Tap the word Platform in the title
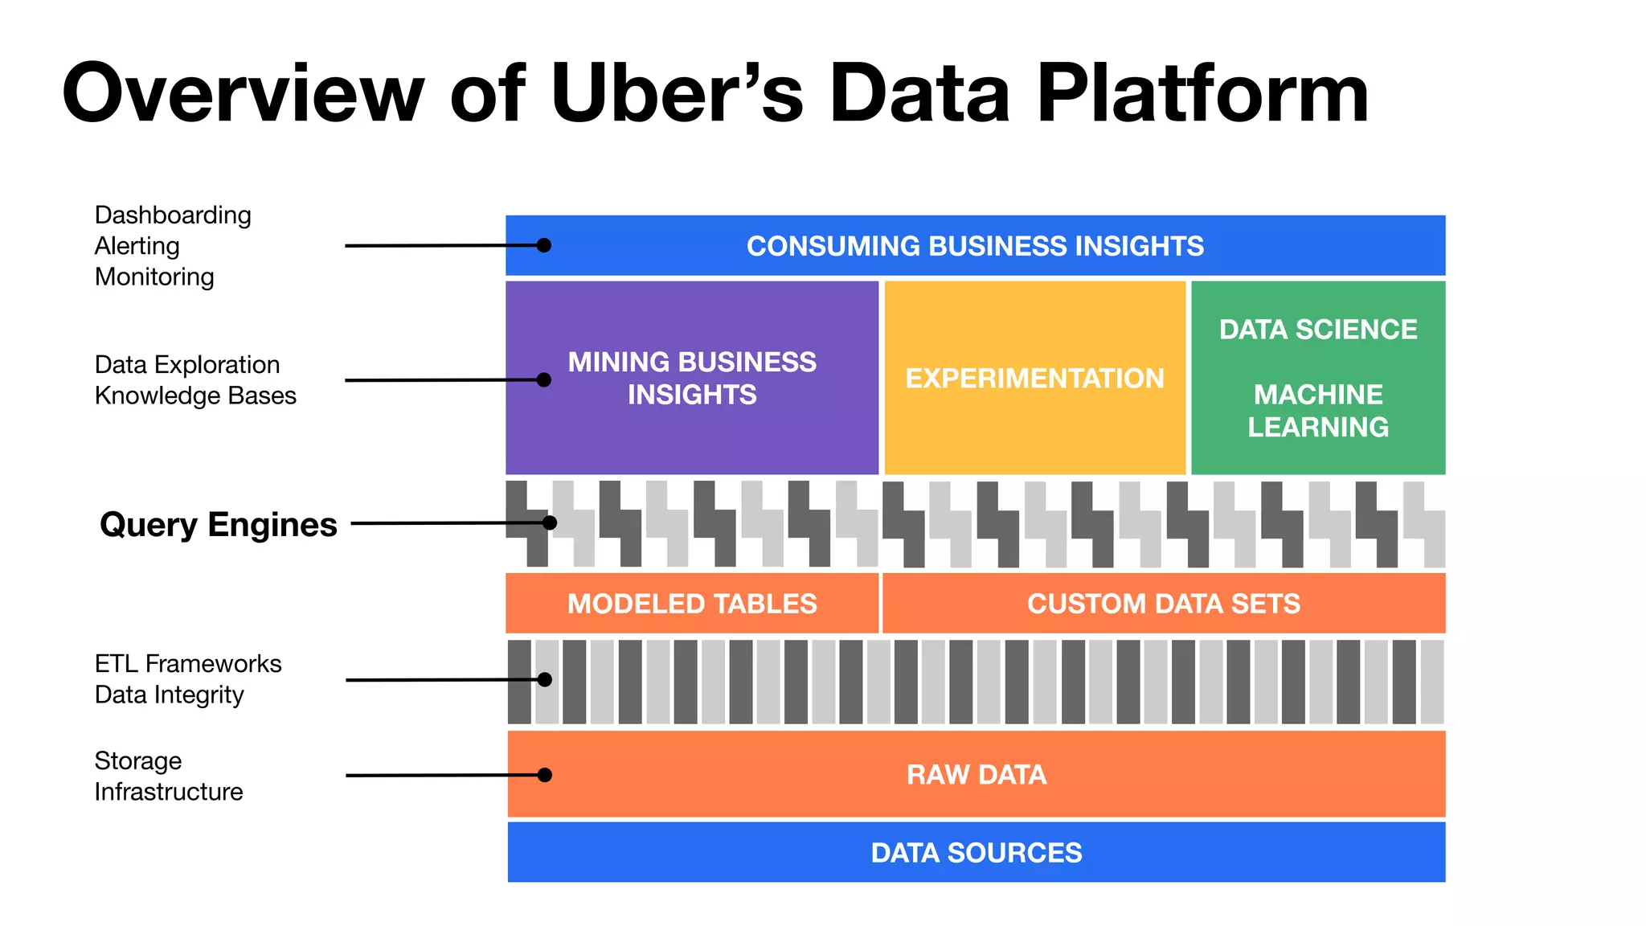[x=1202, y=95]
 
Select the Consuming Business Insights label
[x=975, y=246]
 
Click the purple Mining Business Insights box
[x=692, y=378]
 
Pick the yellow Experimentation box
[x=1034, y=378]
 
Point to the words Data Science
[x=1317, y=330]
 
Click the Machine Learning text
[x=1317, y=410]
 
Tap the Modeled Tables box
[x=692, y=604]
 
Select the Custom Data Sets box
[x=1163, y=604]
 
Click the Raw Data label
[x=976, y=774]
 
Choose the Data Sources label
[x=976, y=852]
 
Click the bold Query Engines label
[x=218, y=525]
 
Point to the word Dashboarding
[x=173, y=215]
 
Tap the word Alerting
[x=137, y=246]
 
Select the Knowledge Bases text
[x=195, y=395]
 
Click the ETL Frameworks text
[x=188, y=664]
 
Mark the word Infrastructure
[x=168, y=792]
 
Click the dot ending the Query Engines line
[x=550, y=523]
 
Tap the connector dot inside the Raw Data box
[x=545, y=775]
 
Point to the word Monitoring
[x=154, y=277]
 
